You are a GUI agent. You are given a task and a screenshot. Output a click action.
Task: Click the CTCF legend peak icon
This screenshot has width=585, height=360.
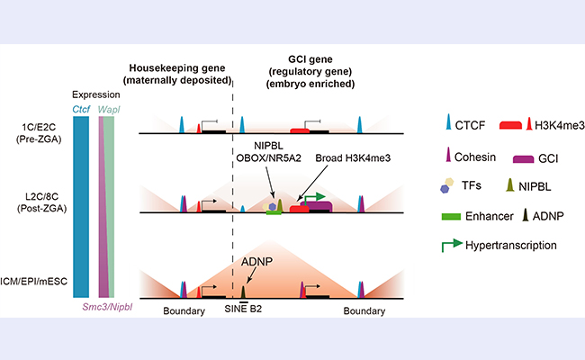[448, 122]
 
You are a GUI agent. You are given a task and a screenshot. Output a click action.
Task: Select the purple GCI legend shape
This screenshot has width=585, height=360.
[523, 159]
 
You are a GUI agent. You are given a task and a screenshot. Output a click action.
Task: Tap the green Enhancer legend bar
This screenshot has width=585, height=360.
[451, 217]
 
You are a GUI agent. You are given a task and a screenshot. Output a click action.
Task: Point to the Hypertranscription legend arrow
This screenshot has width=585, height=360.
[452, 246]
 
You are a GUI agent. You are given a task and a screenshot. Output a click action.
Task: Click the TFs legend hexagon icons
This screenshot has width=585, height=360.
[447, 185]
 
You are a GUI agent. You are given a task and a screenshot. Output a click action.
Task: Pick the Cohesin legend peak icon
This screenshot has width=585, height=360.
[448, 154]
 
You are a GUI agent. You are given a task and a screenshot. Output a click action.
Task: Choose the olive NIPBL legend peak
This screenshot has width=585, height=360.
[510, 185]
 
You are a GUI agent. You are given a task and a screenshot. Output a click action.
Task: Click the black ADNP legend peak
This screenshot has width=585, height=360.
[526, 215]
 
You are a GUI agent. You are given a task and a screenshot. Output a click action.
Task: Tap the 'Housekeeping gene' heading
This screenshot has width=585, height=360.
[177, 68]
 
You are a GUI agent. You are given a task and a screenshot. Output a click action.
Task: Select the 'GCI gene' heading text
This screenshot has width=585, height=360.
[310, 59]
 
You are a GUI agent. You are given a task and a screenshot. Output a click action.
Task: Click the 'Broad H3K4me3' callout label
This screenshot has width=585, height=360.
[353, 158]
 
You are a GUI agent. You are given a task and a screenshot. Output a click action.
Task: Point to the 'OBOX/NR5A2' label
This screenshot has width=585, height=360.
[268, 158]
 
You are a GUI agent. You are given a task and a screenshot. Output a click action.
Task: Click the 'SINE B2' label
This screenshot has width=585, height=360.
[243, 309]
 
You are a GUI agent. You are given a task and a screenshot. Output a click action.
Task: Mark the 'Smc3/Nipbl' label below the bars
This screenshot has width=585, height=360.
[107, 307]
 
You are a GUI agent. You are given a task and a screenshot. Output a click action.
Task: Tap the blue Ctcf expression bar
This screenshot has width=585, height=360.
[81, 207]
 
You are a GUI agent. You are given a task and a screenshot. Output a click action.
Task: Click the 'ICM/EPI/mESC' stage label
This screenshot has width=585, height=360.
[34, 282]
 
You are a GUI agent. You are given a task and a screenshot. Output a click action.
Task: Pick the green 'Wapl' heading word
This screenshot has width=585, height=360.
[109, 110]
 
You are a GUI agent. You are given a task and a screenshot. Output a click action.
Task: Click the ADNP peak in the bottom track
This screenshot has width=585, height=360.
[243, 292]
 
